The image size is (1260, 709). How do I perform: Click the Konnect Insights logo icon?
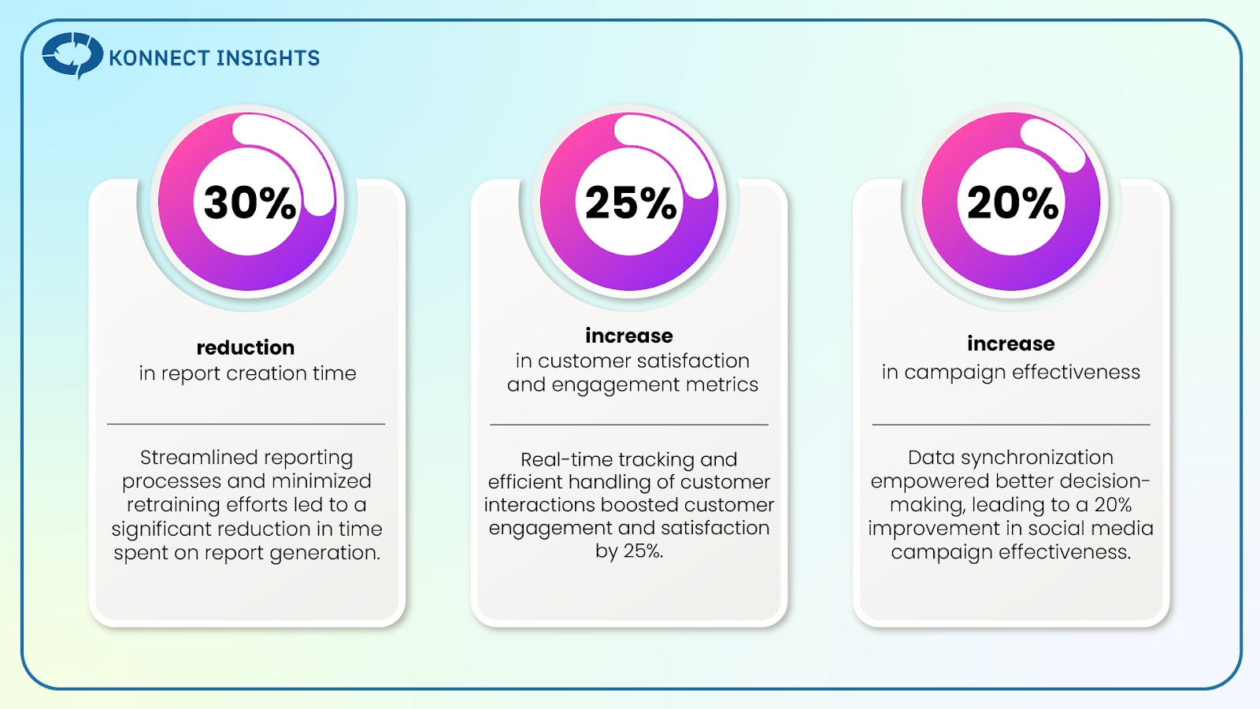point(72,55)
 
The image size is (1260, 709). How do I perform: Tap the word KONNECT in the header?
point(159,58)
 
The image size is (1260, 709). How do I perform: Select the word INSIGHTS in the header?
point(268,58)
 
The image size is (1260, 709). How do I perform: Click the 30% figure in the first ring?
point(250,202)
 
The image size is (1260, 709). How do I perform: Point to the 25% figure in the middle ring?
point(631,202)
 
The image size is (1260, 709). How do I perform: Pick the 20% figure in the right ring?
point(1013,202)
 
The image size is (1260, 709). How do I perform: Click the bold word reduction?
point(245,347)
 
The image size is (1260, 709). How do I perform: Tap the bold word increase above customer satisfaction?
point(629,336)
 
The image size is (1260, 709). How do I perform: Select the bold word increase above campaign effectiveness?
point(1011,343)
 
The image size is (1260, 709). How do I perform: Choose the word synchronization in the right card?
point(1036,458)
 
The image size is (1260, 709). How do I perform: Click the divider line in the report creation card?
point(246,424)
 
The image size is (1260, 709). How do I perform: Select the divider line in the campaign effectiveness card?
point(1011,425)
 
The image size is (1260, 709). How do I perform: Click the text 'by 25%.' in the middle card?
point(629,551)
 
